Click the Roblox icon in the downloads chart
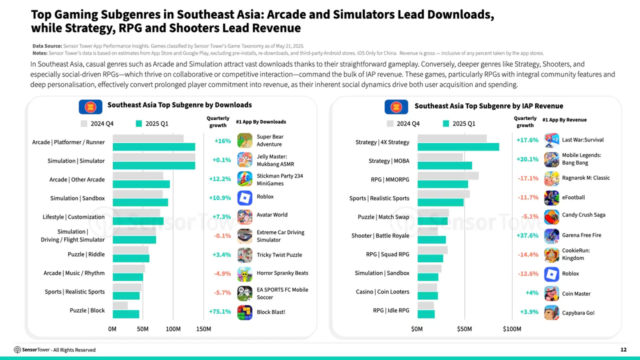pos(244,198)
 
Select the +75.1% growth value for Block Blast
pos(220,311)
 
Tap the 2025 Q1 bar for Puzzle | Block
pos(125,314)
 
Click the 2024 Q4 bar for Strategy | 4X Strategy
pos(452,138)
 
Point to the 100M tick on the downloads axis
pos(173,329)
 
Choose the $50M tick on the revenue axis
pos(464,329)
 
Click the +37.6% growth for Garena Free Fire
pos(527,235)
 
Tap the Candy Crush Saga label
pos(583,215)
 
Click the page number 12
pos(623,349)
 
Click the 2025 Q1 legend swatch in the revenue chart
pos(446,123)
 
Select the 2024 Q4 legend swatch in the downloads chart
pos(84,123)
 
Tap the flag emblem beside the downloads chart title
pos(90,106)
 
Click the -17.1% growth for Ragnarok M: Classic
pos(527,178)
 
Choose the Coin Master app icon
pos(551,293)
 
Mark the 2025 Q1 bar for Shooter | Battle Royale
pos(431,239)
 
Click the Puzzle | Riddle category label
pos(86,254)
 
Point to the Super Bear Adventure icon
pos(244,141)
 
